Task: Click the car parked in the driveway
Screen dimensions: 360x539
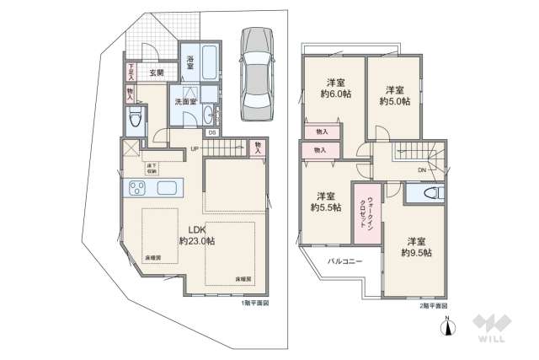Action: (255, 76)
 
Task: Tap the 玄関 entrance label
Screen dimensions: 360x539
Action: (157, 73)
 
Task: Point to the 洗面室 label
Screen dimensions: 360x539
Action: (184, 101)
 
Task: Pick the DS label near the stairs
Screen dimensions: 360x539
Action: (212, 132)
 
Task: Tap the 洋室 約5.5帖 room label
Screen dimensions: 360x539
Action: (326, 201)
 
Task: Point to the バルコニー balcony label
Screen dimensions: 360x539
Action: (345, 262)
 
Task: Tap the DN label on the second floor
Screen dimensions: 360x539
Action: (421, 169)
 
